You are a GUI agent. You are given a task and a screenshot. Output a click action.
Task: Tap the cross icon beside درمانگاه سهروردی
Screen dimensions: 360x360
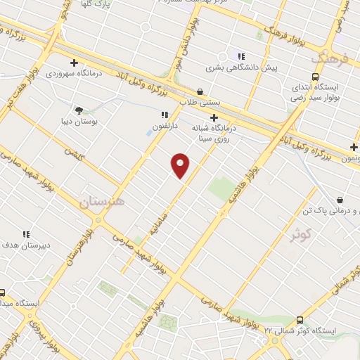click(74, 63)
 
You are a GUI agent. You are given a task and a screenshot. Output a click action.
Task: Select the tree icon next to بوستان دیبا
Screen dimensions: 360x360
click(78, 110)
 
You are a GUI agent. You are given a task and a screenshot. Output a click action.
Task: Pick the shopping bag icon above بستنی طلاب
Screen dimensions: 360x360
click(200, 91)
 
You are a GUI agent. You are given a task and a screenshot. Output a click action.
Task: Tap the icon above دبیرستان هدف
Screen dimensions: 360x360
click(26, 234)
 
